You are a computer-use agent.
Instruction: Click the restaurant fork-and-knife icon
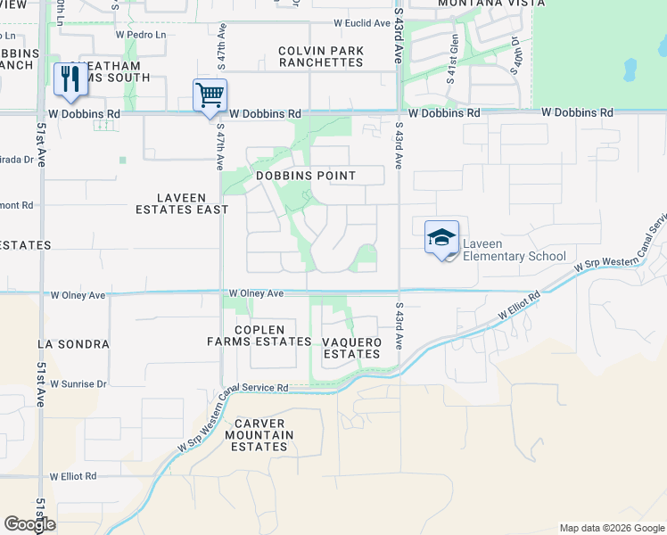coord(69,78)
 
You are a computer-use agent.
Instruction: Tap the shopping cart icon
coord(210,94)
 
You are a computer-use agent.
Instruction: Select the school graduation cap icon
coord(441,238)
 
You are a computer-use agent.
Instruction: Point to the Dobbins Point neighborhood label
coord(306,176)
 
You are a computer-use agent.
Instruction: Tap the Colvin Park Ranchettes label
coord(321,57)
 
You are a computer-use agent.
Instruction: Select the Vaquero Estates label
coord(351,348)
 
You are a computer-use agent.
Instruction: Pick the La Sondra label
coord(73,343)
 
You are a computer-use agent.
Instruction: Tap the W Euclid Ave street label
coord(362,23)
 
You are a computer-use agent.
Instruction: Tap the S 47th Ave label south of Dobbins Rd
coord(219,146)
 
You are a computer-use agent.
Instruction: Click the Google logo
coord(30,524)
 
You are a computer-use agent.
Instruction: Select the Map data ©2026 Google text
coord(611,528)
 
